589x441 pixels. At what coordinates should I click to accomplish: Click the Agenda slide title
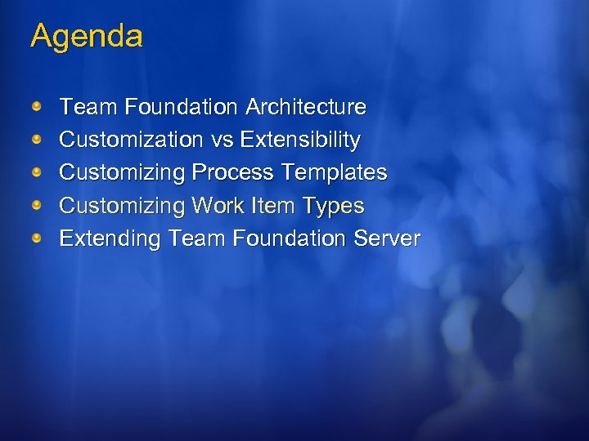[87, 37]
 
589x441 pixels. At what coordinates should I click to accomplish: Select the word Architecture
[306, 107]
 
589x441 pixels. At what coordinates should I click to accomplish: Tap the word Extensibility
[299, 140]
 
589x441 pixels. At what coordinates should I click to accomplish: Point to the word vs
[222, 140]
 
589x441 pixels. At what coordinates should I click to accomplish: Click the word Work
[217, 206]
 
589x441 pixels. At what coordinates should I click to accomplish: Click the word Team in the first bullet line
[89, 107]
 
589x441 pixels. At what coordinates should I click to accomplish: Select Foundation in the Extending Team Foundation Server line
[290, 239]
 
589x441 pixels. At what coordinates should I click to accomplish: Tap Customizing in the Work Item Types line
[123, 207]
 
